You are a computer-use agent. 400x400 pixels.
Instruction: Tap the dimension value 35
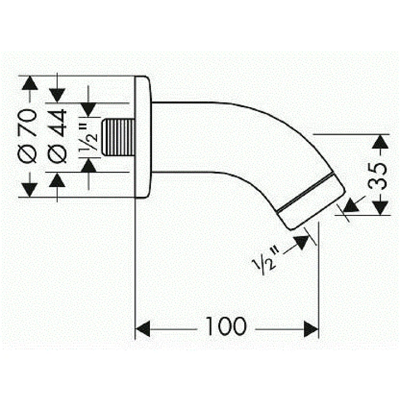(x=379, y=174)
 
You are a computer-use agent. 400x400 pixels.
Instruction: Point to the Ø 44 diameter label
(x=57, y=136)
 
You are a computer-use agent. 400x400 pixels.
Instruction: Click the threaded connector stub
(x=118, y=138)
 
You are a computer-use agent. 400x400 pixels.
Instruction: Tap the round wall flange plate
(x=142, y=138)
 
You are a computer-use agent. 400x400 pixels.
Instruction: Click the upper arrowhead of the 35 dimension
(x=379, y=142)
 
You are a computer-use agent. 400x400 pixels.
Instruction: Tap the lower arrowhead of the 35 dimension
(x=379, y=207)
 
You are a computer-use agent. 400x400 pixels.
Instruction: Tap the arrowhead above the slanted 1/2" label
(x=302, y=242)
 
